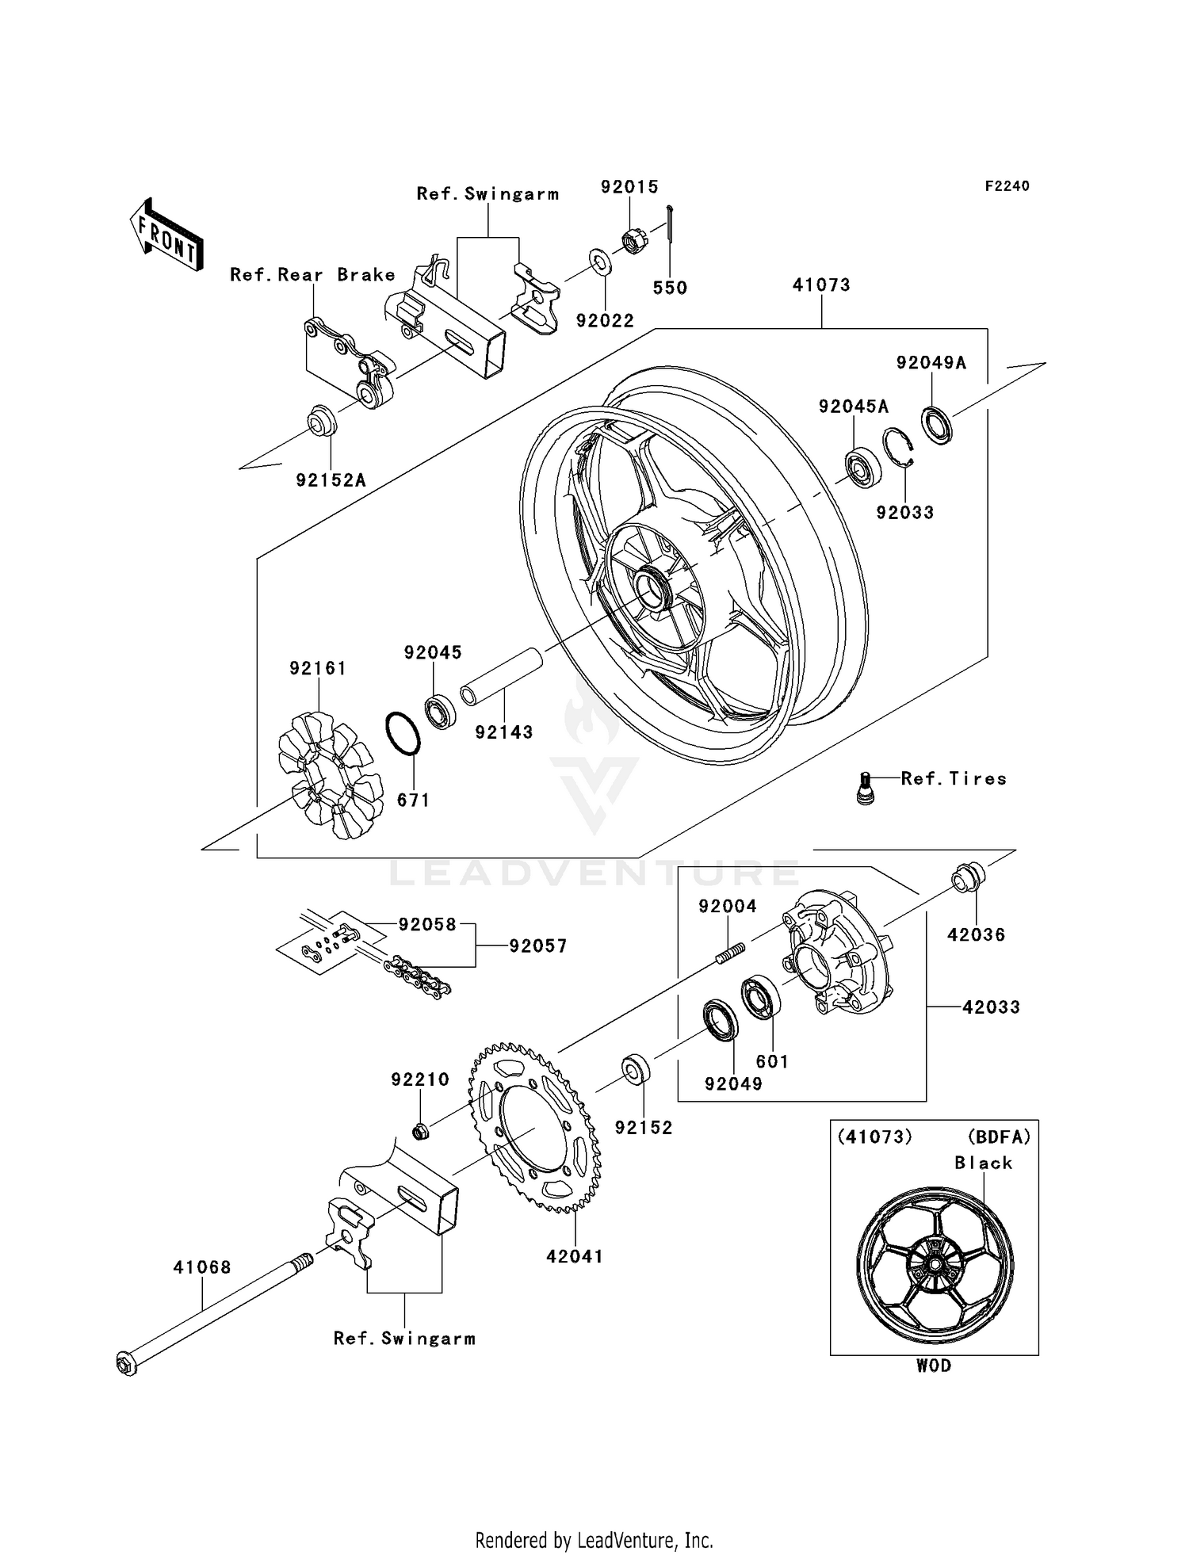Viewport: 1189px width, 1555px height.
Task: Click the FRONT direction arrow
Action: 167,235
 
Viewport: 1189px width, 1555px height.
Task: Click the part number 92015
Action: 629,187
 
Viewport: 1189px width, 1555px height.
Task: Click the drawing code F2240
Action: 1007,186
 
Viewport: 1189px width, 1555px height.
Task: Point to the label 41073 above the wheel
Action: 821,285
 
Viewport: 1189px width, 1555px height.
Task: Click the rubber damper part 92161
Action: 329,775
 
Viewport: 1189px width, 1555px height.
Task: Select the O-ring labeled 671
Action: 403,733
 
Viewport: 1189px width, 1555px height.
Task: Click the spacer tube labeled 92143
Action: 502,676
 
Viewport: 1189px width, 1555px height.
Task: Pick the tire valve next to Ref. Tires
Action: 866,789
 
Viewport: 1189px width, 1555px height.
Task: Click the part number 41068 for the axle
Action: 202,1267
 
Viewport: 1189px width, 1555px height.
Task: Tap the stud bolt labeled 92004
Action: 731,952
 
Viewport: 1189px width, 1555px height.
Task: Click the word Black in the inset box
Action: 983,1163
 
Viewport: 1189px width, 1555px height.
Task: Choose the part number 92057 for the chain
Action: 538,946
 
